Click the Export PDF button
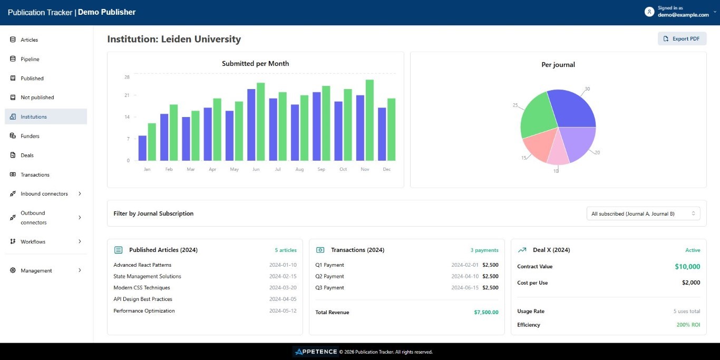[682, 38]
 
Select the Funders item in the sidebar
[30, 136]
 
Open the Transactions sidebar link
[35, 174]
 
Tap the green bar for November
[369, 120]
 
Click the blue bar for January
[142, 148]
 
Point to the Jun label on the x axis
[256, 169]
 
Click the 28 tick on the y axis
[127, 77]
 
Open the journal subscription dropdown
[643, 213]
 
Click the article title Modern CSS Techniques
[142, 288]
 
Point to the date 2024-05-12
[283, 311]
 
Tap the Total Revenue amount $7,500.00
[486, 312]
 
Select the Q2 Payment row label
[329, 276]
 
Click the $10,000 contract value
[687, 267]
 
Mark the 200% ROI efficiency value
[688, 325]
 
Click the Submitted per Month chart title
[255, 64]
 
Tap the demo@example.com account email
[683, 15]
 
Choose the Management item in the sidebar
[36, 270]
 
